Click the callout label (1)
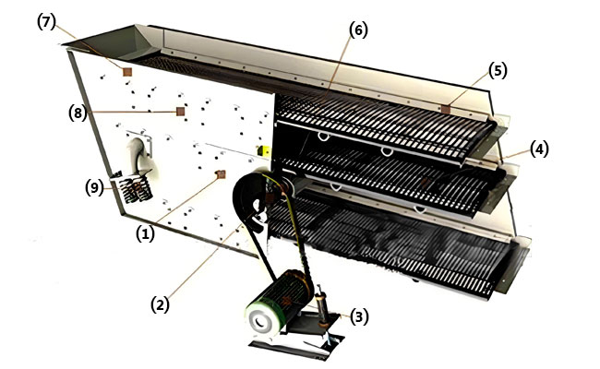coord(145,234)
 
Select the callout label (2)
coord(160,302)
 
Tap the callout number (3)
coord(360,316)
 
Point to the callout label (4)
coord(539,148)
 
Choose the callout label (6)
coord(358,29)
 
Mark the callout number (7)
coord(46,22)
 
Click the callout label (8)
coord(78,113)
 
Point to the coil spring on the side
coord(135,188)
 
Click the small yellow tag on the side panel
coord(263,150)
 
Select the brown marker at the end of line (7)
coord(128,70)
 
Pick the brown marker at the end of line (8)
coord(181,113)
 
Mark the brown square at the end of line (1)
coord(220,173)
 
